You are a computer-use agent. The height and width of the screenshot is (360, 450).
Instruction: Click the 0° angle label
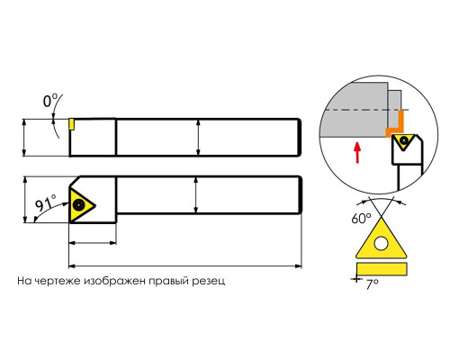49,101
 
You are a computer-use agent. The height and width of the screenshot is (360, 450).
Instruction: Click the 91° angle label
46,203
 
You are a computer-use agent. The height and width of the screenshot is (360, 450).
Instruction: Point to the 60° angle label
361,218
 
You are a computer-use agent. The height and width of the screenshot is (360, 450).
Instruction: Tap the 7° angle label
373,283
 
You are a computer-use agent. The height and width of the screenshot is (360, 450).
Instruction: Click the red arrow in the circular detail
357,153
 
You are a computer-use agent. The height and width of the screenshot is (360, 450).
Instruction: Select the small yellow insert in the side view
71,124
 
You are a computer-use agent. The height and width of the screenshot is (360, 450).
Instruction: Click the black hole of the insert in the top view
79,205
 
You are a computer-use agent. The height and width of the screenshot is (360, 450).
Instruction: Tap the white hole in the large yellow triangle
381,243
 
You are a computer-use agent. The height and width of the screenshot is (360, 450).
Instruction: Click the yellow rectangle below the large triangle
382,268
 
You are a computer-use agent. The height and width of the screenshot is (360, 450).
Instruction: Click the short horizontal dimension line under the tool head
93,242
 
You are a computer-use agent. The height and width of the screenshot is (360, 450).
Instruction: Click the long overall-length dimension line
185,265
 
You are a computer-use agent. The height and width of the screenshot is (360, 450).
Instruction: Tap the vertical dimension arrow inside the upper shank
198,138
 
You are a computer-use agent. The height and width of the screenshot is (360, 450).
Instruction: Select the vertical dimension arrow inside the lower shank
196,195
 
